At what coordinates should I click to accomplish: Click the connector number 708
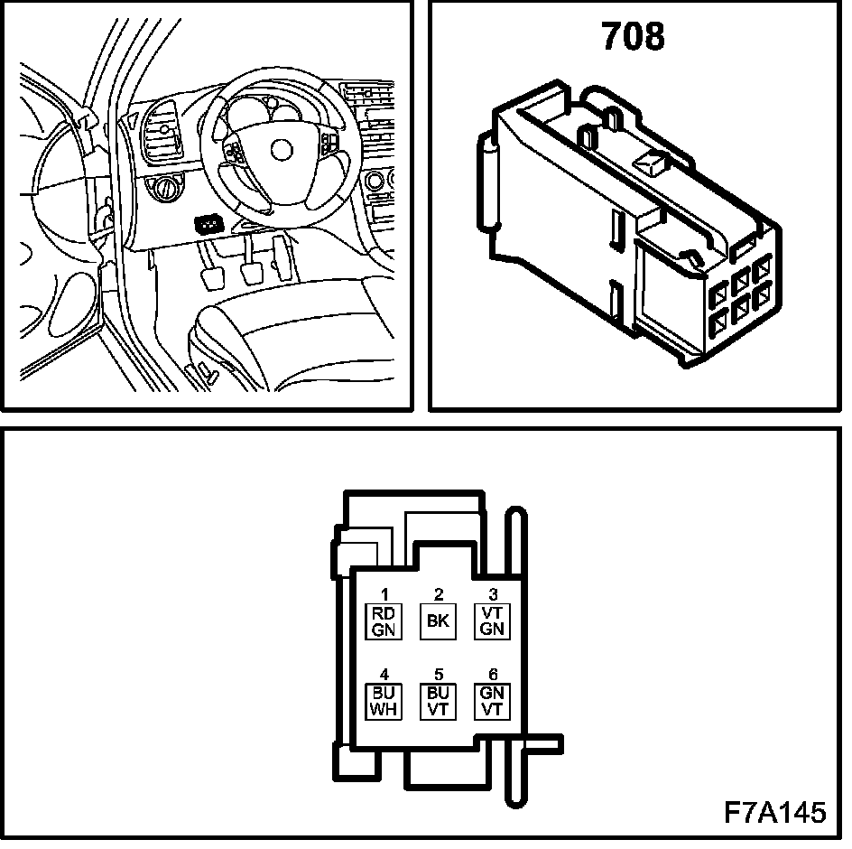pos(633,37)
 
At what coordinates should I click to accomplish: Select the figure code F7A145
pos(775,812)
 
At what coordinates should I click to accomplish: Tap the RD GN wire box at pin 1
pos(384,621)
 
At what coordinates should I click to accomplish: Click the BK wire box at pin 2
pos(438,621)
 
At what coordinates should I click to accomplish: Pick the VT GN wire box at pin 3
pos(492,621)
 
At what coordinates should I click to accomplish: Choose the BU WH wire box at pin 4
pos(384,702)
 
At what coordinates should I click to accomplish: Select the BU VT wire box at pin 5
pos(438,702)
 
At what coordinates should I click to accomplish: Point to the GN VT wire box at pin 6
pos(492,702)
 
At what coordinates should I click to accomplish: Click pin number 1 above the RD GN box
pos(384,594)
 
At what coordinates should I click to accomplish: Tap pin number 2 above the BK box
pos(439,594)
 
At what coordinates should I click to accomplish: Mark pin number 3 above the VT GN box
pos(493,594)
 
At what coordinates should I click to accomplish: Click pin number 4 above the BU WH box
pos(384,675)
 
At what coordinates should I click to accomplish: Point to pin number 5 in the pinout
pos(439,675)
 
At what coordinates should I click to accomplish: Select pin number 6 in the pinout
pos(493,675)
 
